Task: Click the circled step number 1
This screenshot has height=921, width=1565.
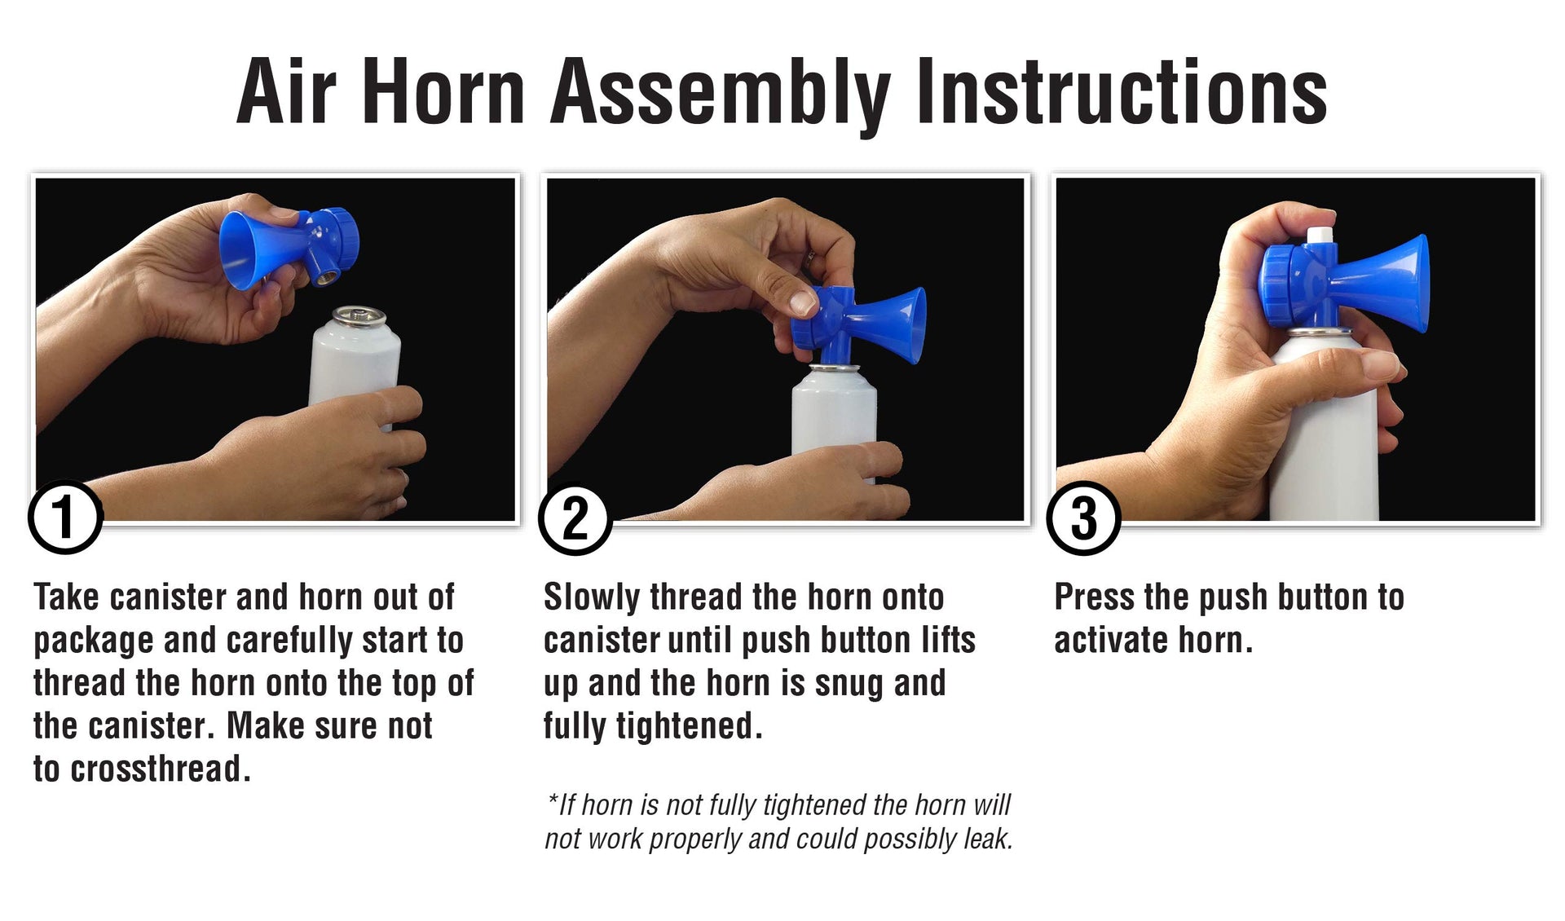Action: [x=65, y=518]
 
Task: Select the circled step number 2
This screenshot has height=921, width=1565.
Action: [x=575, y=518]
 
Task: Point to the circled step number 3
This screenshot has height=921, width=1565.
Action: [x=1084, y=518]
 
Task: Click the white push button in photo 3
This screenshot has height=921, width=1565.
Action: [x=1320, y=236]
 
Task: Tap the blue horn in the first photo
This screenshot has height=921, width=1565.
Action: [x=288, y=248]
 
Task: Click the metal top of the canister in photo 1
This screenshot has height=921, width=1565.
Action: [x=354, y=315]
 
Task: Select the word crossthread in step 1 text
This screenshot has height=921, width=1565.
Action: [x=156, y=769]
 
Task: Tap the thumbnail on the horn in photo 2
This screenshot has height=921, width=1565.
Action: [x=804, y=303]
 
